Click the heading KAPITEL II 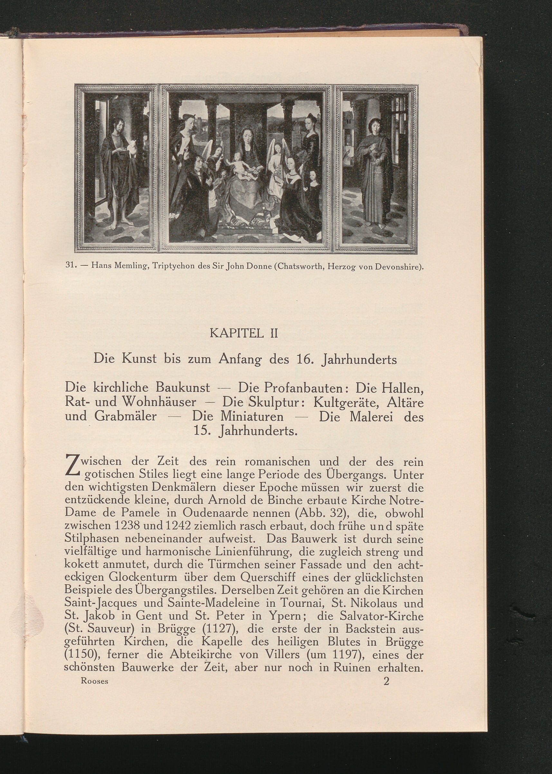244,333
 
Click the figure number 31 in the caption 70,265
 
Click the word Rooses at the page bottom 94,681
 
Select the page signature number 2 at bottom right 386,681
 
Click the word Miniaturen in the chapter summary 252,416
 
